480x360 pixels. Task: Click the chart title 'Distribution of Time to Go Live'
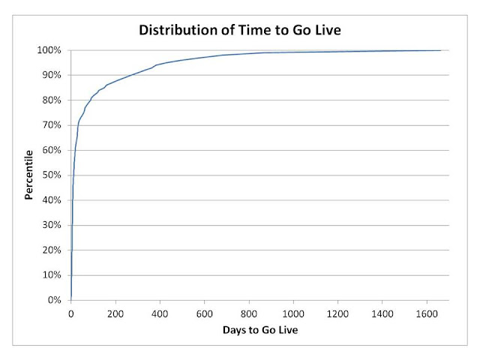pyautogui.click(x=240, y=30)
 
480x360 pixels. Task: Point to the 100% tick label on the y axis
pyautogui.click(x=49, y=50)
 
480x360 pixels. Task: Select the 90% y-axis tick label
pyautogui.click(x=52, y=75)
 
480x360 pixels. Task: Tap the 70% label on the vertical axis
pyautogui.click(x=52, y=125)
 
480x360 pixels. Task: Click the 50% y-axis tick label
pyautogui.click(x=52, y=175)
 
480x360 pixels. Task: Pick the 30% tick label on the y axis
pyautogui.click(x=52, y=225)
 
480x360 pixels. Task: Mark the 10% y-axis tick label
pyautogui.click(x=52, y=275)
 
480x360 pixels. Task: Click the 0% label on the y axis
pyautogui.click(x=55, y=300)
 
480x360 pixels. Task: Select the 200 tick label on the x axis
pyautogui.click(x=115, y=314)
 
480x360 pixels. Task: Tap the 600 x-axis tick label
pyautogui.click(x=205, y=314)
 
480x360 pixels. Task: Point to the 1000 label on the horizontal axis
pyautogui.click(x=293, y=314)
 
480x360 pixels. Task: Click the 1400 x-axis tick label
pyautogui.click(x=382, y=314)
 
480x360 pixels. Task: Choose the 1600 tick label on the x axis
pyautogui.click(x=427, y=314)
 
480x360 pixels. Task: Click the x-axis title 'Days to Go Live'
pyautogui.click(x=260, y=330)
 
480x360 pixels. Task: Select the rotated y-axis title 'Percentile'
pyautogui.click(x=28, y=175)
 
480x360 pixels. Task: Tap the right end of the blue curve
pyautogui.click(x=441, y=50)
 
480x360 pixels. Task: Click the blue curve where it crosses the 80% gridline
pyautogui.click(x=91, y=100)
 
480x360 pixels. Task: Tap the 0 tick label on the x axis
pyautogui.click(x=71, y=314)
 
